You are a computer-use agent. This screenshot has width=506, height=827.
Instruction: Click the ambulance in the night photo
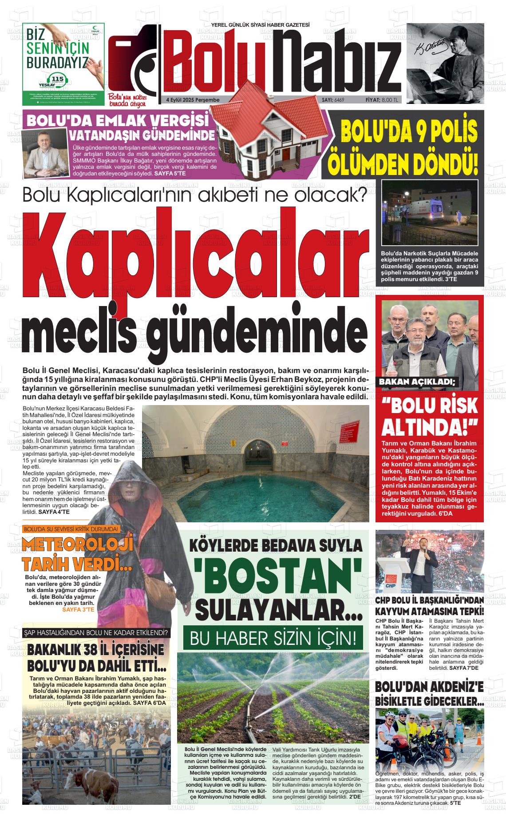click(428, 213)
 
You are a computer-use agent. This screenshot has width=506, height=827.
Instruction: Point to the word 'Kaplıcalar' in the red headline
click(195, 258)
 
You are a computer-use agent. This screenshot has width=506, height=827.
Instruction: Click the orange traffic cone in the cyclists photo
click(479, 739)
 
